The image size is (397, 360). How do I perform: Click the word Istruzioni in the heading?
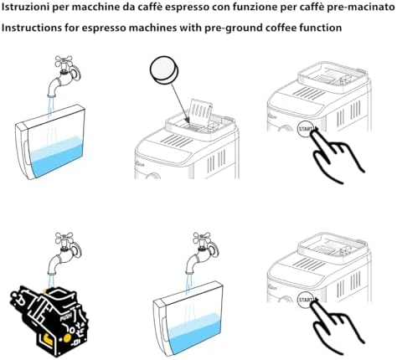pyautogui.click(x=22, y=8)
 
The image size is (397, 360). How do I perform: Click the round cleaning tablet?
pyautogui.click(x=164, y=69)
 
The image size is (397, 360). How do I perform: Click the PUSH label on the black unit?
pyautogui.click(x=66, y=316)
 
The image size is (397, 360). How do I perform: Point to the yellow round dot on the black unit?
pyautogui.click(x=67, y=338)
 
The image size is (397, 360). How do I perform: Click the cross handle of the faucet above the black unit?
pyautogui.click(x=64, y=239)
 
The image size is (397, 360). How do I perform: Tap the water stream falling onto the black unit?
pyautogui.click(x=51, y=282)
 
